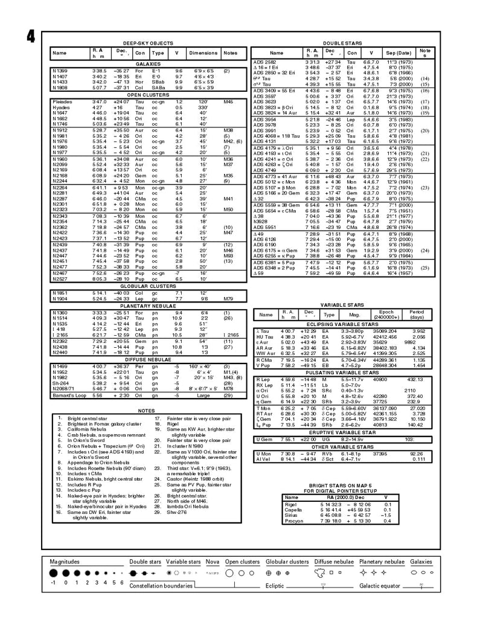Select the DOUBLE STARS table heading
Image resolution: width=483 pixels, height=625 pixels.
[x=341, y=44]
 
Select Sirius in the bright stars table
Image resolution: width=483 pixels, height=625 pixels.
[x=292, y=515]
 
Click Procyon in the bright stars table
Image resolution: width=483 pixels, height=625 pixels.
[x=293, y=521]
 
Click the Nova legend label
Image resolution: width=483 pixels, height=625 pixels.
[x=213, y=562]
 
